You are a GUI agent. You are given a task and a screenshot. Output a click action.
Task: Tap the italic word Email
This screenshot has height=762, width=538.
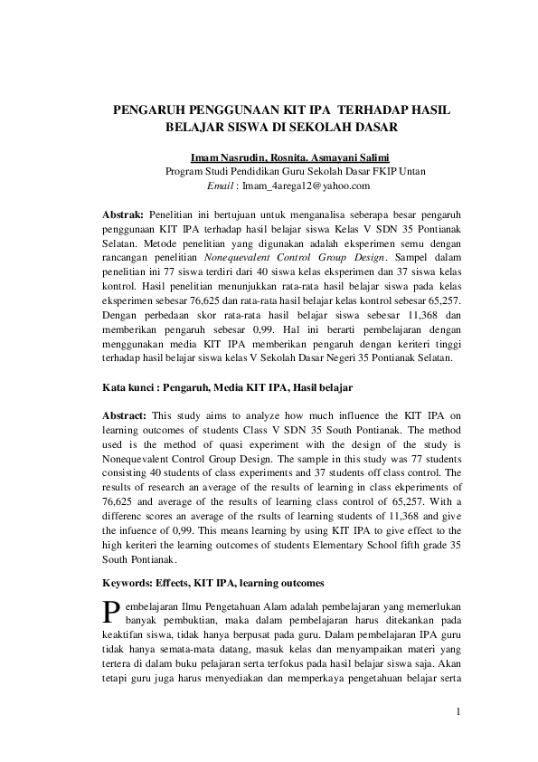click(x=222, y=186)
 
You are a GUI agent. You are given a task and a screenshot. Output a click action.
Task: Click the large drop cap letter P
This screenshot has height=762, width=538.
click(x=112, y=612)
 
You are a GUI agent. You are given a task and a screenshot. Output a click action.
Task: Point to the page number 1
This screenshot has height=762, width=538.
click(x=458, y=711)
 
